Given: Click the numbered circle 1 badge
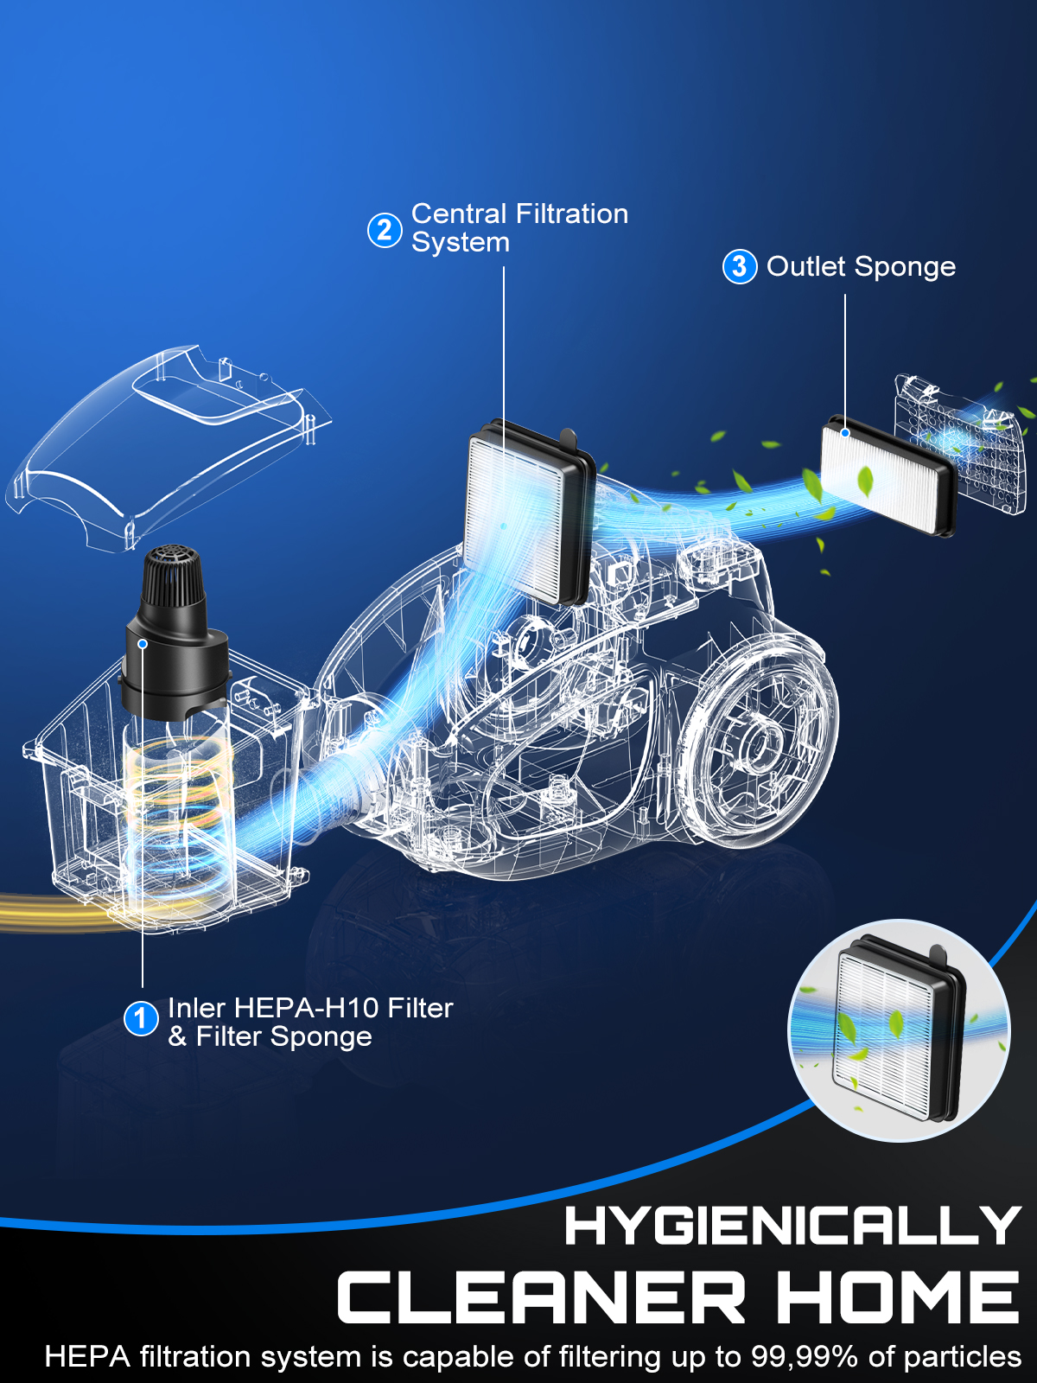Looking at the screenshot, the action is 141,1019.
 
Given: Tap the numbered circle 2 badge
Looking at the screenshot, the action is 385,231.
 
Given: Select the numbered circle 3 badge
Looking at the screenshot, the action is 739,266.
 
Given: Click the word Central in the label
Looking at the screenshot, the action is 465,214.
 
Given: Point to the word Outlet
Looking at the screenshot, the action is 806,266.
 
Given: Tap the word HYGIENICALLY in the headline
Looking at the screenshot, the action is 792,1226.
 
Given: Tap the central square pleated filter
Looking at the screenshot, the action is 529,513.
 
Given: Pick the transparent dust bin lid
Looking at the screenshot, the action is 168,449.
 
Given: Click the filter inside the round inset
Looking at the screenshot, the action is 899,1030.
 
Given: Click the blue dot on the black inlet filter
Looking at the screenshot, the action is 143,643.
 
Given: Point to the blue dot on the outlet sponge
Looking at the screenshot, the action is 845,433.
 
